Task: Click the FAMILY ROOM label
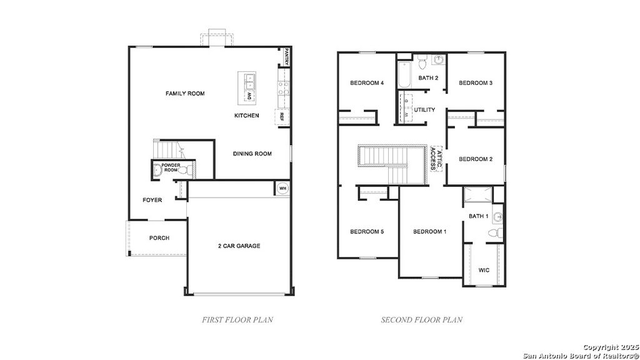[185, 94]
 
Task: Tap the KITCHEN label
[246, 116]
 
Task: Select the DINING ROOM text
[252, 154]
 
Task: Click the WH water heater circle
[282, 188]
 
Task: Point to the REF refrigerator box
[282, 117]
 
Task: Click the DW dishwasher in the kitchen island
[249, 96]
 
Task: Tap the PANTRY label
[287, 57]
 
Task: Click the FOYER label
[152, 201]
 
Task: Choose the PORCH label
[159, 238]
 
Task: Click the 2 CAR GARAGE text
[239, 246]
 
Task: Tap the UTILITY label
[424, 110]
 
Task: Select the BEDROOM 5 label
[367, 232]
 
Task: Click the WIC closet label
[484, 271]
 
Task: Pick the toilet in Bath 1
[494, 233]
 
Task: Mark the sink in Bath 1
[497, 217]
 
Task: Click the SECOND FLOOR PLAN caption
[422, 320]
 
